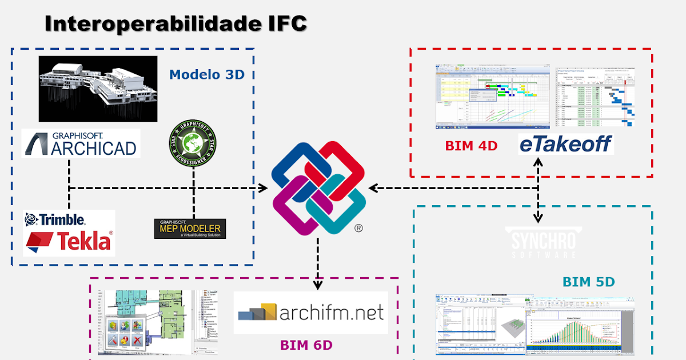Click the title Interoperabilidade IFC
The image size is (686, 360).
click(x=176, y=24)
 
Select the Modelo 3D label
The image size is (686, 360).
click(x=207, y=74)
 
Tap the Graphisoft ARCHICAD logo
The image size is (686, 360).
click(x=81, y=143)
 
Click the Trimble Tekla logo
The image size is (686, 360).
click(x=69, y=233)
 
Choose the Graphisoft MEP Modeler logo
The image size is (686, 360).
click(x=190, y=229)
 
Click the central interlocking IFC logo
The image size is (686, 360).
click(x=318, y=188)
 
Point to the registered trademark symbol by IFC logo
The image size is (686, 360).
click(x=358, y=229)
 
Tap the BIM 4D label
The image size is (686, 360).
click(x=471, y=146)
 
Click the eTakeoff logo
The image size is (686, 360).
click(x=565, y=143)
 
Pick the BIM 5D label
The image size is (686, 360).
click(x=588, y=282)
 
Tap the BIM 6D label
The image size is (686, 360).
click(x=306, y=345)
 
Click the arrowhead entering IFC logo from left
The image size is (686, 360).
click(x=264, y=188)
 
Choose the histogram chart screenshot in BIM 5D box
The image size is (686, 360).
click(x=583, y=323)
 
